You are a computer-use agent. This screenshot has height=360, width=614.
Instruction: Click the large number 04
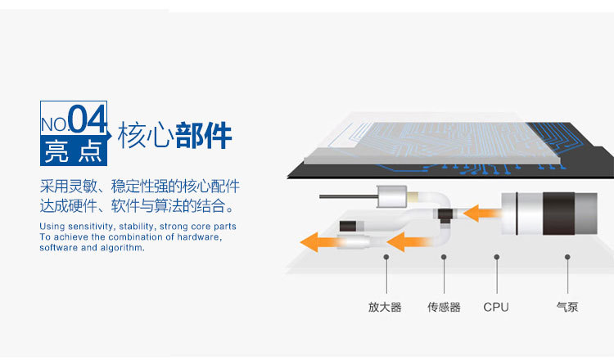pyautogui.click(x=87, y=119)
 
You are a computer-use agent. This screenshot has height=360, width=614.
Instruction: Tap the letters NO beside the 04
pyautogui.click(x=54, y=124)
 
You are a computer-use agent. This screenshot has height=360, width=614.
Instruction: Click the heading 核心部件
pyautogui.click(x=174, y=136)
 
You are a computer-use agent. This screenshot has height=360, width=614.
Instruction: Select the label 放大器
pyautogui.click(x=385, y=308)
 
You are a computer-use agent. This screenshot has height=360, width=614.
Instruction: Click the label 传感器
pyautogui.click(x=444, y=308)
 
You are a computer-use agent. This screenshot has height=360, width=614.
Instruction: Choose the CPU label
pyautogui.click(x=496, y=308)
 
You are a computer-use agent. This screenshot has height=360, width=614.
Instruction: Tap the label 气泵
pyautogui.click(x=567, y=308)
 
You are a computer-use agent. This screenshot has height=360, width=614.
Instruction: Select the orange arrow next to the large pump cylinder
pyautogui.click(x=481, y=214)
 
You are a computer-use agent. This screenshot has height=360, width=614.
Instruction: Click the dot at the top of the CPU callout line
pyautogui.click(x=497, y=256)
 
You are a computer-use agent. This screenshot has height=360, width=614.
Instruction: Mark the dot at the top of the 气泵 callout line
pyautogui.click(x=567, y=256)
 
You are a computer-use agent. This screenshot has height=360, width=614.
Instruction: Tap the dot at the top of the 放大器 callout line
pyautogui.click(x=386, y=256)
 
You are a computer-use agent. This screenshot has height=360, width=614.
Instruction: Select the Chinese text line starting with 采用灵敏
pyautogui.click(x=139, y=186)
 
